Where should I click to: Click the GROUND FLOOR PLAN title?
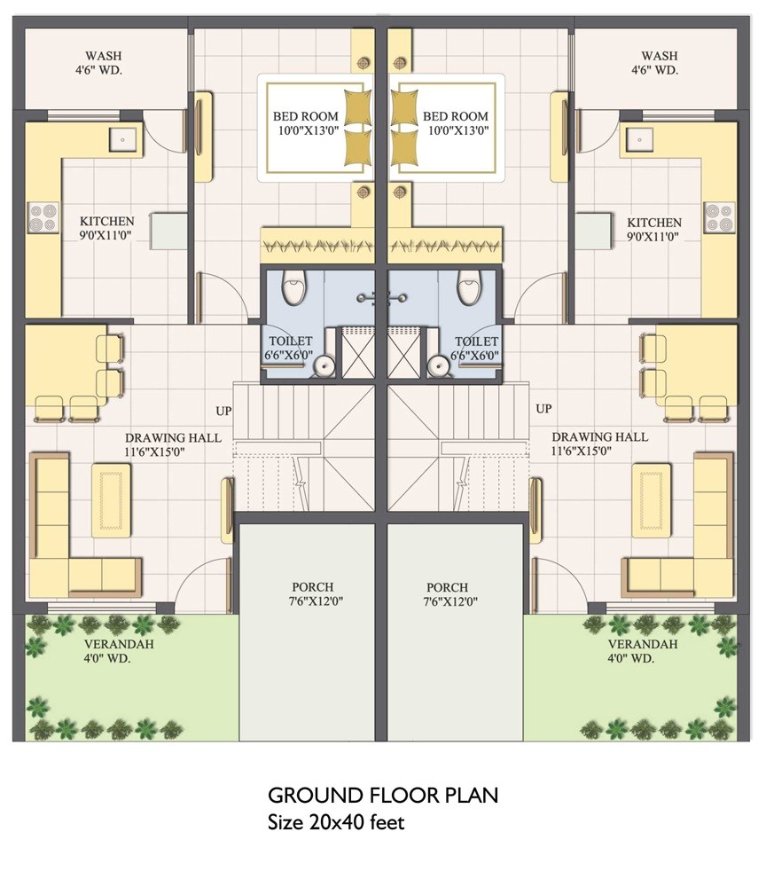click(x=383, y=794)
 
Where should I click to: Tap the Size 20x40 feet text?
click(x=336, y=822)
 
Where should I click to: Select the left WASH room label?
click(x=104, y=62)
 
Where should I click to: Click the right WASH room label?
click(x=660, y=62)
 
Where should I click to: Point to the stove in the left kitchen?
click(x=42, y=216)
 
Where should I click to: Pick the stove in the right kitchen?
click(x=719, y=216)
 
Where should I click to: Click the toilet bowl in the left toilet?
click(x=293, y=287)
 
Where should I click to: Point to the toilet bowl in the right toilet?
click(x=469, y=287)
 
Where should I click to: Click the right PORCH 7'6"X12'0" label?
click(x=447, y=594)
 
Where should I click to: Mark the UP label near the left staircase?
click(x=223, y=410)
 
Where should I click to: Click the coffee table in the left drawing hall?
click(x=111, y=501)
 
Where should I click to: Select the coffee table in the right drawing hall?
click(x=651, y=501)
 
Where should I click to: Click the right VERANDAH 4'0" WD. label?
click(x=643, y=651)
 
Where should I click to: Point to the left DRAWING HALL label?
click(x=173, y=444)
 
